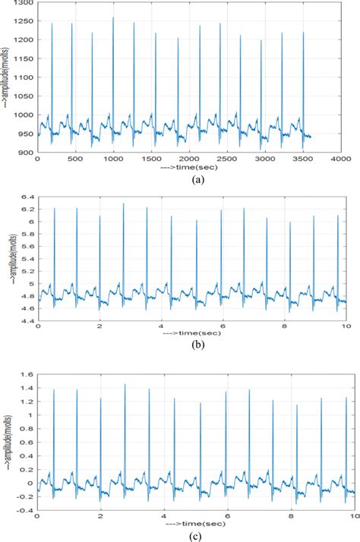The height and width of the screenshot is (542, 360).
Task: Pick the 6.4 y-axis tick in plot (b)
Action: pyautogui.click(x=27, y=197)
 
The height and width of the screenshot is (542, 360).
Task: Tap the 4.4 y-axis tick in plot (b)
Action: pyautogui.click(x=27, y=322)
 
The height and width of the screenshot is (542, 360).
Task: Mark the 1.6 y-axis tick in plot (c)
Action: pyautogui.click(x=27, y=374)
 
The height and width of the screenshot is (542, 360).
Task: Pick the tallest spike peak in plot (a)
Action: pyautogui.click(x=113, y=17)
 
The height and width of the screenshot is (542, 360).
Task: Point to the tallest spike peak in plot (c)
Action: pyautogui.click(x=125, y=384)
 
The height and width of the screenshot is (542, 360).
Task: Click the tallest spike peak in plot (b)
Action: pyautogui.click(x=124, y=203)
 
